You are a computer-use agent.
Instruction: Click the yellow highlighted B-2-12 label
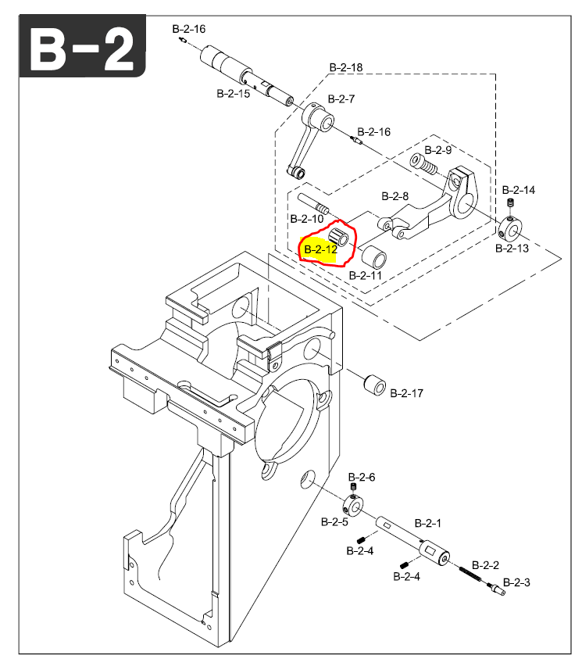click(x=320, y=250)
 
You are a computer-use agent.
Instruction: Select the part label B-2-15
click(x=233, y=93)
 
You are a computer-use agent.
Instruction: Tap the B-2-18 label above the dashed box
click(x=345, y=68)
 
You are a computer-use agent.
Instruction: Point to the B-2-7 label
click(x=341, y=99)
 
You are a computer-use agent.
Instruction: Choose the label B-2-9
click(x=438, y=149)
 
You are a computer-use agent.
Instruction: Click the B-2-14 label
click(x=518, y=190)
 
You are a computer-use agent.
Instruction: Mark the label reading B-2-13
click(x=512, y=249)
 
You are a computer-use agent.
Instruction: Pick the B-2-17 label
click(x=406, y=393)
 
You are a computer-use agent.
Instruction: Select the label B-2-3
click(x=516, y=582)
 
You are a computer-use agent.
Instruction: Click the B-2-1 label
click(x=428, y=522)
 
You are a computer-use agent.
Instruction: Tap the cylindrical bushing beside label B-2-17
click(x=374, y=385)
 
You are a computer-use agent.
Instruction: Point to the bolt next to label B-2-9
click(x=423, y=164)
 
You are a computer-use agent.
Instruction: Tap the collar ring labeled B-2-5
click(x=352, y=505)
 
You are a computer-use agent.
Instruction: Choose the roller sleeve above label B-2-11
click(x=373, y=256)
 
